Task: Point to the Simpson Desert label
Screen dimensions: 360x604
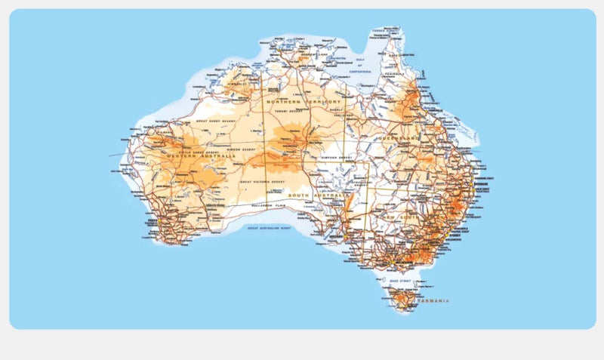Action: (x=336, y=158)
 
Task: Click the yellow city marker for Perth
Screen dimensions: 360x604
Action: (x=156, y=221)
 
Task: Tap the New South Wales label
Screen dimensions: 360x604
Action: (x=402, y=217)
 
